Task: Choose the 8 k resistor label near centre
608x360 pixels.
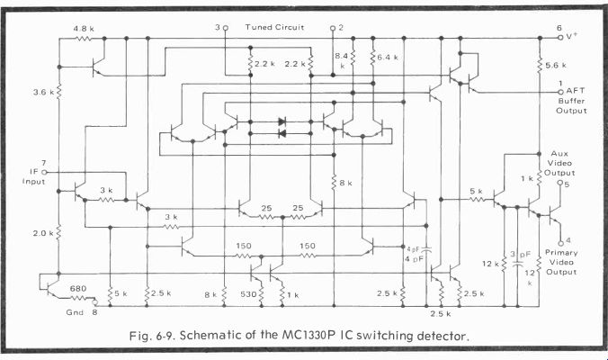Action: point(344,184)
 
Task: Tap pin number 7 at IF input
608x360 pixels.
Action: point(43,163)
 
